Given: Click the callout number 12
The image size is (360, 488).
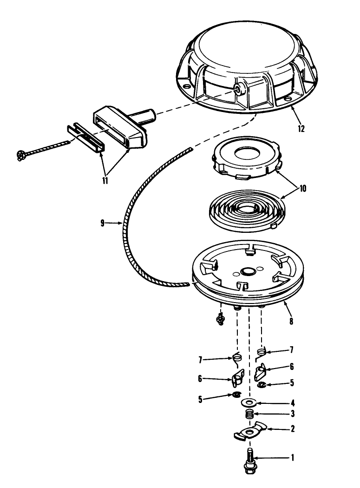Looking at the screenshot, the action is [301, 129].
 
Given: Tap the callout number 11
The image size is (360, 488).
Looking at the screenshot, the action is [105, 180].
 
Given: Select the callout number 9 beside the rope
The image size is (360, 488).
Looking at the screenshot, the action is [102, 224].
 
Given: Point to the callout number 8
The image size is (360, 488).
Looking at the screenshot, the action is [291, 321].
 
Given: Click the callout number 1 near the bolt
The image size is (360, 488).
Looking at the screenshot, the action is [292, 457].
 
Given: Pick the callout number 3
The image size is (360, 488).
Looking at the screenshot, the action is [293, 414].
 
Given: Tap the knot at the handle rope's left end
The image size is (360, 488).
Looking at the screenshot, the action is [21, 154].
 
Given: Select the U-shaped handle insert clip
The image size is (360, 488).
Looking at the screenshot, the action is [85, 138].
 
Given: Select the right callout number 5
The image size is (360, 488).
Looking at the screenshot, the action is [292, 382].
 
